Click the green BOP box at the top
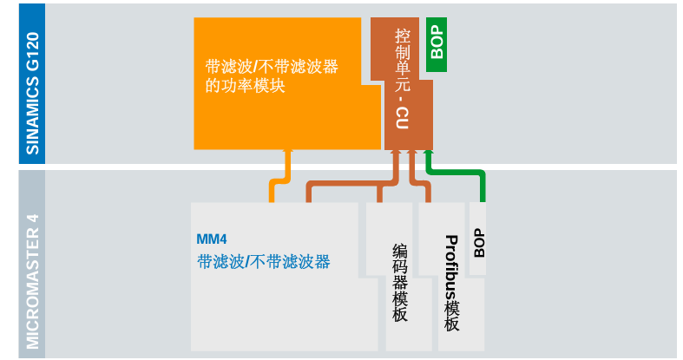(437, 44)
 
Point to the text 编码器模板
(400, 283)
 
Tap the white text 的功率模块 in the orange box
(246, 87)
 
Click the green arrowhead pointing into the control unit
(428, 154)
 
